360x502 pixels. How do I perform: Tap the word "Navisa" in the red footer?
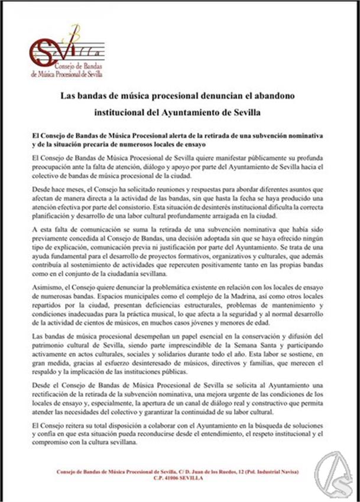point(288,471)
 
